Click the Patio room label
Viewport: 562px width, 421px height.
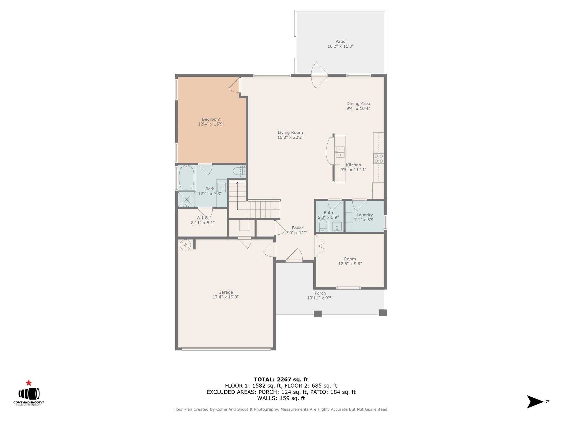point(340,42)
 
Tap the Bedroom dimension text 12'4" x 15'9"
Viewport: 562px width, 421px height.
point(211,124)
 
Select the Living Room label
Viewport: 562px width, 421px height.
point(290,133)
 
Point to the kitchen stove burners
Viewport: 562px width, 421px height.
point(379,159)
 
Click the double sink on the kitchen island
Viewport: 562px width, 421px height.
point(340,152)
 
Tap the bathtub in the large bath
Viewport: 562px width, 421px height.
point(187,177)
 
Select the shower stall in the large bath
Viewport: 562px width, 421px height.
point(186,200)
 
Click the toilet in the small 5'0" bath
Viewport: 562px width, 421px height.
point(323,225)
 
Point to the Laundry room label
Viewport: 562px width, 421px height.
point(364,215)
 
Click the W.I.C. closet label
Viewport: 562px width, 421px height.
point(202,218)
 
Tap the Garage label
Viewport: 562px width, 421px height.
point(225,292)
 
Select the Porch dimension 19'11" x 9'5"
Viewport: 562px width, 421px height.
point(320,298)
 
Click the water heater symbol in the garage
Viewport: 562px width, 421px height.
point(185,245)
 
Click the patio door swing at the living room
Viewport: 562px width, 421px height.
point(318,75)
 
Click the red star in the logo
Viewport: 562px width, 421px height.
point(29,383)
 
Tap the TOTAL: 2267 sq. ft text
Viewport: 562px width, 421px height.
point(281,380)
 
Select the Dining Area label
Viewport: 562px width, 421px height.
point(358,104)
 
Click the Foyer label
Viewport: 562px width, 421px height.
point(297,228)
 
